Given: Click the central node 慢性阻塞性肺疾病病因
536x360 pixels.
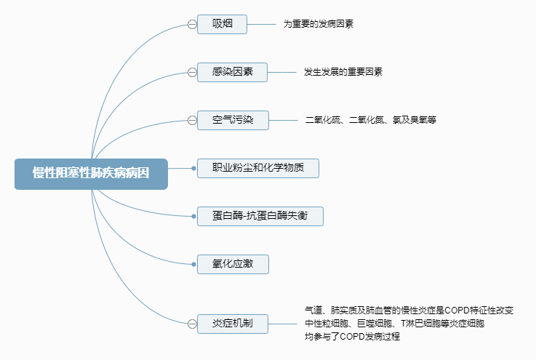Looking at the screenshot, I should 91,174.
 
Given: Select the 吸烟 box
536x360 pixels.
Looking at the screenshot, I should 222,24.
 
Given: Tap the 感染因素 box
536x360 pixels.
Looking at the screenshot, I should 233,72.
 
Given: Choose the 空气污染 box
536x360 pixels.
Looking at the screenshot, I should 233,120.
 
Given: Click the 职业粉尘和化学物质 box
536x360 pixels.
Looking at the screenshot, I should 257,168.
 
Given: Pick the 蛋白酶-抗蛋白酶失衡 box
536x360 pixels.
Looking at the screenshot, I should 260,216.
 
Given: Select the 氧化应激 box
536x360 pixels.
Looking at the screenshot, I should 233,264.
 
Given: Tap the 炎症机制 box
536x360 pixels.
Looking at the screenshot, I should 233,324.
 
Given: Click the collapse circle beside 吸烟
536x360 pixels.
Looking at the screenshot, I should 192,24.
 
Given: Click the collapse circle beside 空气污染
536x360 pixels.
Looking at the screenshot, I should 192,120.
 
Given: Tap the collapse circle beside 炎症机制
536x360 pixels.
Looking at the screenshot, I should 192,324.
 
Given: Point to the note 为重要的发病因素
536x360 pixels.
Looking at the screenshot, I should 319,24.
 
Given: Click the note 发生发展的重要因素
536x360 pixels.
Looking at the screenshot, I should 343,72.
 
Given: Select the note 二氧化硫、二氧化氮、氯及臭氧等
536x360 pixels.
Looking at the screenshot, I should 370,120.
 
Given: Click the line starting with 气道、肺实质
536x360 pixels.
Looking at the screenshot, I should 409,311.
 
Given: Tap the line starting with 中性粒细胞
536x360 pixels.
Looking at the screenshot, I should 394,324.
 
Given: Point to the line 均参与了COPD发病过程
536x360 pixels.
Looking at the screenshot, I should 353,337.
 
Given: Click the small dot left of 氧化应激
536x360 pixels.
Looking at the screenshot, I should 193,264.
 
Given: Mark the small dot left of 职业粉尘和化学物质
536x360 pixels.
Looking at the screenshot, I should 193,168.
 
